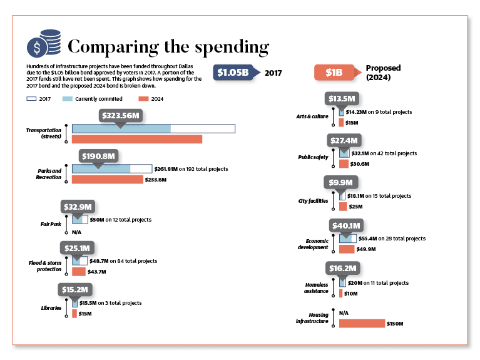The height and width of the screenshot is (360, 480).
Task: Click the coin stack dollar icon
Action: pyautogui.click(x=44, y=43)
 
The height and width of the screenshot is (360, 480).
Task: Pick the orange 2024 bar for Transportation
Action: pyautogui.click(x=137, y=139)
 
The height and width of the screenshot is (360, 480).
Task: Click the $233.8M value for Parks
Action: pyautogui.click(x=155, y=180)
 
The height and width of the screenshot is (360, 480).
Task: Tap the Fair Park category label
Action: pyautogui.click(x=51, y=224)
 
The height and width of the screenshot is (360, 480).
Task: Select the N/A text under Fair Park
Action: pyautogui.click(x=76, y=232)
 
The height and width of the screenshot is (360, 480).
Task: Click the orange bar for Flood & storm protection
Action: pyautogui.click(x=79, y=272)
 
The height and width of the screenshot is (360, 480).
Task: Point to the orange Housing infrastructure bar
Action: pyautogui.click(x=362, y=323)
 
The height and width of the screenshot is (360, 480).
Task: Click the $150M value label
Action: pyautogui.click(x=395, y=324)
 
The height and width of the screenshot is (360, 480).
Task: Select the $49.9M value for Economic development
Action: pyautogui.click(x=366, y=249)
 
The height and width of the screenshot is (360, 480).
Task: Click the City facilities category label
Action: pyautogui.click(x=313, y=201)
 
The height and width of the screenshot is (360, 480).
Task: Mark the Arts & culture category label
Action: pyautogui.click(x=312, y=116)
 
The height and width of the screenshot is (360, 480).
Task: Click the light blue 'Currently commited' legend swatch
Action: pyautogui.click(x=68, y=99)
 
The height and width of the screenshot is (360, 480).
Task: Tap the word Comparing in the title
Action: pyautogui.click(x=113, y=47)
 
